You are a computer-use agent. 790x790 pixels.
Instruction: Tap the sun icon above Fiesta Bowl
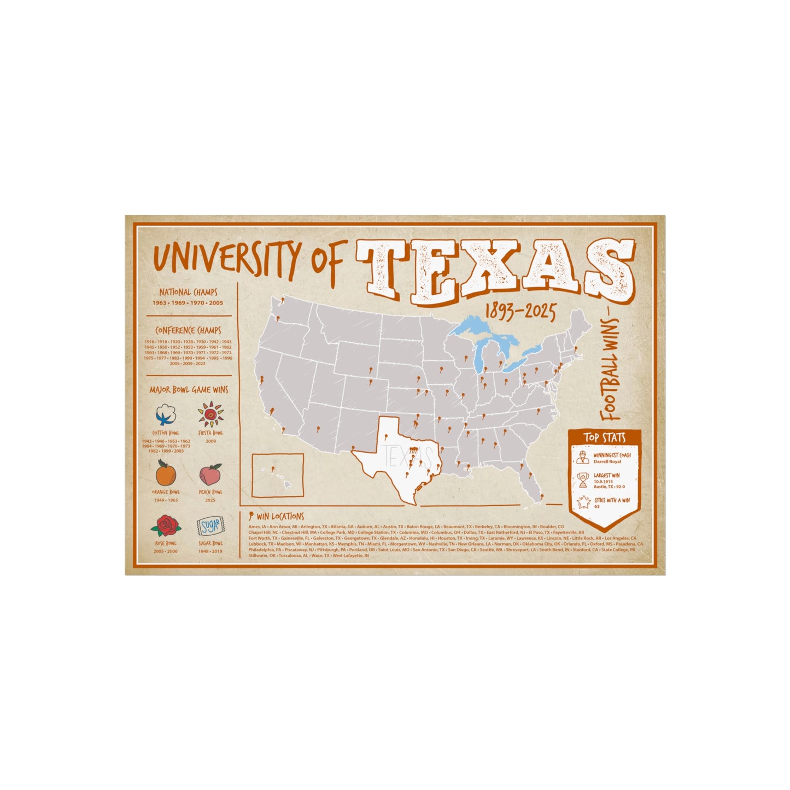tap(210, 414)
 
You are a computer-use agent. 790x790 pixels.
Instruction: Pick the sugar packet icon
tap(210, 526)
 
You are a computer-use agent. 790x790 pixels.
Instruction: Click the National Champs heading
tap(189, 292)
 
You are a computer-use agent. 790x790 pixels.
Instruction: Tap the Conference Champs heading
tap(189, 330)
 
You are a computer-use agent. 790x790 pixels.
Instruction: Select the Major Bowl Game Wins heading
tap(189, 390)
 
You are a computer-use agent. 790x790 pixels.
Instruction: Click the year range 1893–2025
tap(520, 313)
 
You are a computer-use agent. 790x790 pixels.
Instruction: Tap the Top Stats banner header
tap(604, 437)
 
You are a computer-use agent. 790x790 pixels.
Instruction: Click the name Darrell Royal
tap(607, 462)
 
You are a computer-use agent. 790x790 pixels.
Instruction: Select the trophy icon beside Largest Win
tap(583, 479)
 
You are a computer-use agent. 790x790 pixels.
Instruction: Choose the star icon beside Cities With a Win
tap(583, 502)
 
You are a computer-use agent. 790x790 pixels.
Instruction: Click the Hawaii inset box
tap(278, 475)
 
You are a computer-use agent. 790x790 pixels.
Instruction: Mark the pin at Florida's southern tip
tap(542, 497)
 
